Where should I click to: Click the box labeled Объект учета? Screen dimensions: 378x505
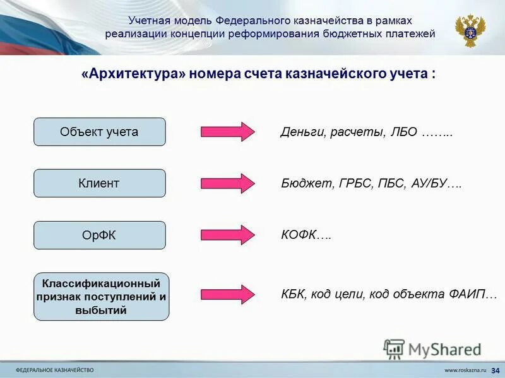(99, 132)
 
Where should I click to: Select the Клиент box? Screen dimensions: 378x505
(99, 183)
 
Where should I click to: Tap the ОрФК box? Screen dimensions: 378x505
(99, 235)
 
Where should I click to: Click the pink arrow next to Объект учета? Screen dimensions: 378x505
(228, 132)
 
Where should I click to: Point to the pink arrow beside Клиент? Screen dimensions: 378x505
(228, 183)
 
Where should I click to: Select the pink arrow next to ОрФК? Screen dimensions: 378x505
(228, 235)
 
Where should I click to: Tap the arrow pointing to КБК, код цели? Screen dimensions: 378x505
(228, 294)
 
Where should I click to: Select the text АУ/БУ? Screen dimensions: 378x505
(429, 183)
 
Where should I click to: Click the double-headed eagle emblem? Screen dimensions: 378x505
(471, 29)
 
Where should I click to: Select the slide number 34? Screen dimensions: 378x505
(494, 369)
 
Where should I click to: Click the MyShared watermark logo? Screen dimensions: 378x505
(432, 349)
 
